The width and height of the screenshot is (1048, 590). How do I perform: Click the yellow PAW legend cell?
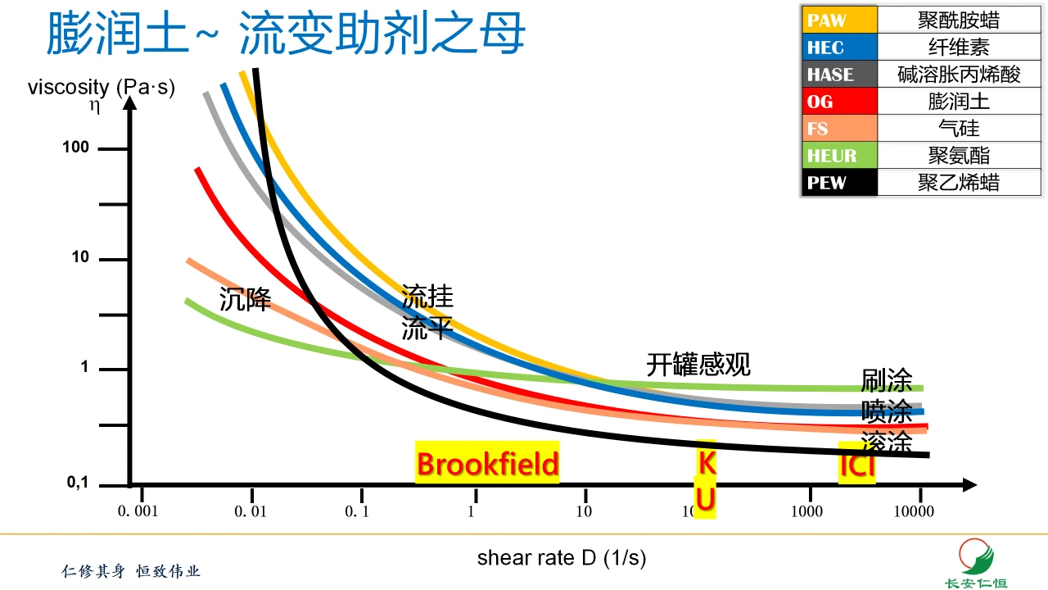tap(839, 20)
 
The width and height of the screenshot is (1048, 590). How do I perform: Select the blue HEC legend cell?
tap(839, 47)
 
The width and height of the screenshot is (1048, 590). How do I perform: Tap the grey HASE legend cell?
tap(839, 74)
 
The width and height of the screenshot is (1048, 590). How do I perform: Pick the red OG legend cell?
tap(839, 101)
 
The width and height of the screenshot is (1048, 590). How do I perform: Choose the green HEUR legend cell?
tap(839, 155)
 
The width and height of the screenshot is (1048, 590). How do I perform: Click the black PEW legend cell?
tap(839, 182)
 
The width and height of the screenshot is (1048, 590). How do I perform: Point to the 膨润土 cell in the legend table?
tap(959, 101)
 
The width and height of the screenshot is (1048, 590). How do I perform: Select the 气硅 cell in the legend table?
tap(959, 128)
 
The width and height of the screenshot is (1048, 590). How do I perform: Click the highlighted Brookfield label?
tap(487, 464)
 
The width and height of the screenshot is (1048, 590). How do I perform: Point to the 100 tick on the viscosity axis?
tap(80, 148)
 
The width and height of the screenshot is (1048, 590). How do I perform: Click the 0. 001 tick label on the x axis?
tap(137, 512)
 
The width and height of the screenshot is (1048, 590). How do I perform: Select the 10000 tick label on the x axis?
tap(913, 512)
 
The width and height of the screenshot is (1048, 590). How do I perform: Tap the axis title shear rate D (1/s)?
tap(562, 558)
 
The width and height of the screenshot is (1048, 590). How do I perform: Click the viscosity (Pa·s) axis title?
tap(102, 87)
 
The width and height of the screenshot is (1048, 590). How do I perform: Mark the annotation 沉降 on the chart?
tap(245, 299)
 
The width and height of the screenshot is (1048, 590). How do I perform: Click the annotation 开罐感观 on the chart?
tap(698, 364)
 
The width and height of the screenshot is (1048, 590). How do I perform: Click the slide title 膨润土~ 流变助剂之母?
tap(286, 34)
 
